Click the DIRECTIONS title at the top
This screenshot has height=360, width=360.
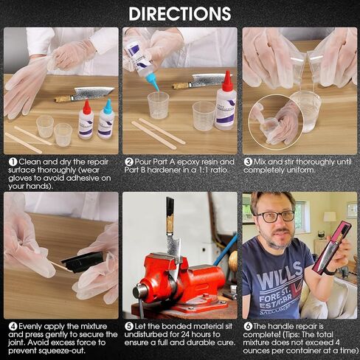[179, 13]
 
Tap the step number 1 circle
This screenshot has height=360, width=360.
[13, 161]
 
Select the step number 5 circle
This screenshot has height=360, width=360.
[128, 325]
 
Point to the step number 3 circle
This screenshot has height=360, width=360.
[249, 161]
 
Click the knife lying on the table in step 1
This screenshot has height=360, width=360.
[85, 94]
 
